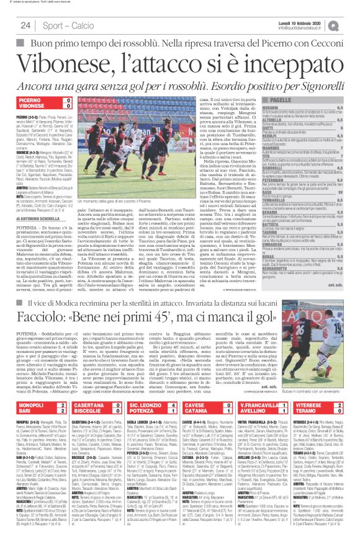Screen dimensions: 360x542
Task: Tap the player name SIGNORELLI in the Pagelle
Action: tap(275, 202)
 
